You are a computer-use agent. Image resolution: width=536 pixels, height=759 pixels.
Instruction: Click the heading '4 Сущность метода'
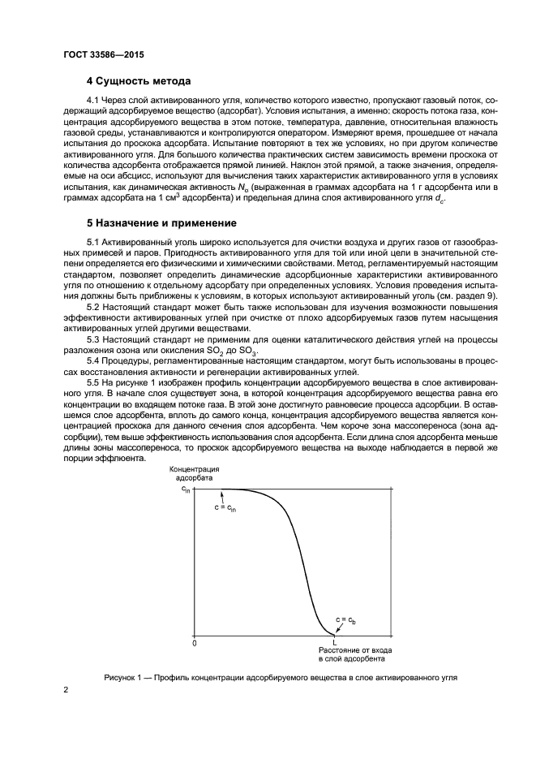[138, 81]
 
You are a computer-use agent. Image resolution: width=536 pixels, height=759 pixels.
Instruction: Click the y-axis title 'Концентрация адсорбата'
[195, 473]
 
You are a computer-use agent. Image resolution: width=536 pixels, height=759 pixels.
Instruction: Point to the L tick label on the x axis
[334, 642]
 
